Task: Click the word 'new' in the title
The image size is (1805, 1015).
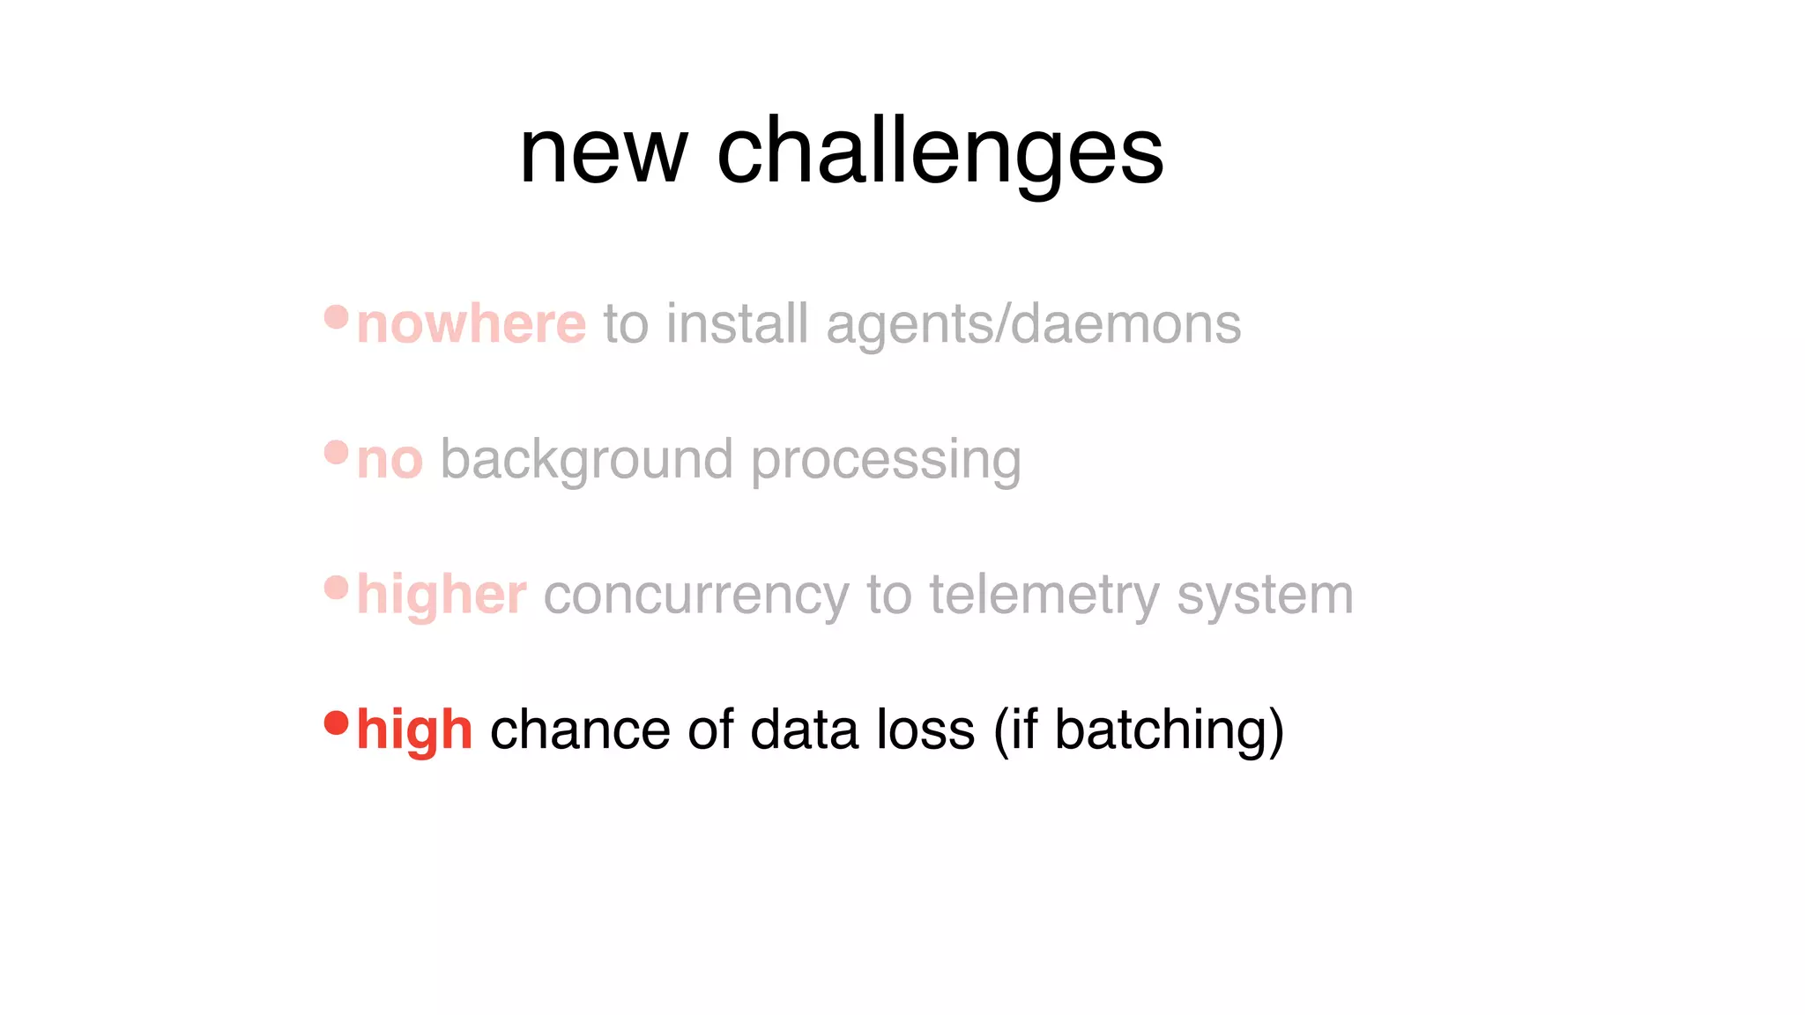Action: tap(603, 154)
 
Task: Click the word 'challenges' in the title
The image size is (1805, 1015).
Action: tap(940, 154)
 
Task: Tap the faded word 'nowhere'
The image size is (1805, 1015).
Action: tap(472, 324)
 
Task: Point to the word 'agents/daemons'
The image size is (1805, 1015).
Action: tap(1033, 325)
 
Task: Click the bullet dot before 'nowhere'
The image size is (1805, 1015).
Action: tap(337, 316)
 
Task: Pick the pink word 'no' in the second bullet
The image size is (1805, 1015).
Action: tap(390, 460)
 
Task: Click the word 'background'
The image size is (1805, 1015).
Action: tap(586, 460)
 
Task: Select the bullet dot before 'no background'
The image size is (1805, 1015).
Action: tap(337, 452)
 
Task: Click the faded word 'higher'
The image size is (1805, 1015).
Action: tap(442, 596)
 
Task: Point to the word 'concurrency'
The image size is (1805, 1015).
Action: tap(696, 596)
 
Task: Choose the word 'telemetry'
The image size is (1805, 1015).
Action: tap(1044, 596)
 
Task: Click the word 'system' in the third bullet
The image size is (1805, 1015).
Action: tap(1265, 596)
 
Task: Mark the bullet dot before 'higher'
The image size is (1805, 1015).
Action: tap(337, 588)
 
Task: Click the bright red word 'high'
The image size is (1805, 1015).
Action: tap(414, 730)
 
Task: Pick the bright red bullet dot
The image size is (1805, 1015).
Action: tap(337, 722)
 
